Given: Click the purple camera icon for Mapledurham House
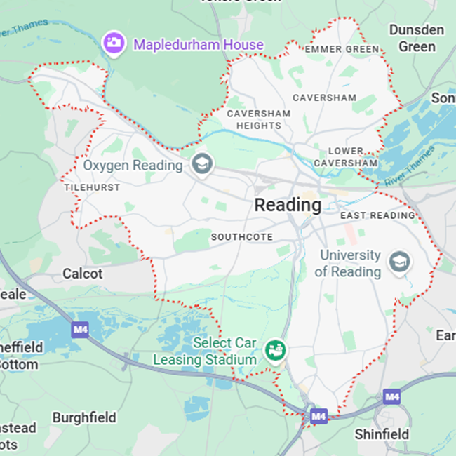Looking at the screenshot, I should [x=112, y=43].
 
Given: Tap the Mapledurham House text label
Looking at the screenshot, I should [x=199, y=45].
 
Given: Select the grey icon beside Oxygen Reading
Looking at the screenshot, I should [x=202, y=165].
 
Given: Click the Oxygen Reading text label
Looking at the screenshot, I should [x=133, y=166].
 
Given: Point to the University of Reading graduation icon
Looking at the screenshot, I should [x=401, y=262].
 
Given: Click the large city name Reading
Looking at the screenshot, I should [x=288, y=206].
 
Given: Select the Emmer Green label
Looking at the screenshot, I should [x=342, y=50].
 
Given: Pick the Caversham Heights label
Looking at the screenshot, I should [x=258, y=119].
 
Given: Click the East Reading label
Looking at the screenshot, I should [x=377, y=215].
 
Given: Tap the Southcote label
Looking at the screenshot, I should [x=242, y=237].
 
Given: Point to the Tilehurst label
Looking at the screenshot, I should [x=92, y=188].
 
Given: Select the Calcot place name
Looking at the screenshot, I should [x=83, y=274].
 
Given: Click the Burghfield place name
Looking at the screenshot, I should [x=84, y=417].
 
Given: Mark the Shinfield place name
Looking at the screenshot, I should [x=382, y=434].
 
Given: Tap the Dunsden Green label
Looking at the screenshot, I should [x=417, y=39].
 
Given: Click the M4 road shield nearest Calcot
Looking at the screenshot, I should [x=80, y=328].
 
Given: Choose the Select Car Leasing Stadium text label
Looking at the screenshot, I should [x=206, y=351].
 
